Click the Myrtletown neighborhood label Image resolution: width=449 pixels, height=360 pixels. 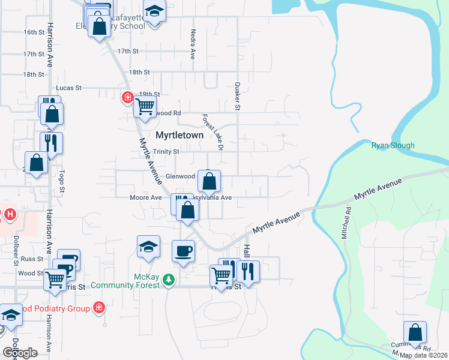pos(179,136)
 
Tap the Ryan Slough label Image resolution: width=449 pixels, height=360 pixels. pos(393,145)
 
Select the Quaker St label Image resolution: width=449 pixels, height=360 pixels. pos(237,97)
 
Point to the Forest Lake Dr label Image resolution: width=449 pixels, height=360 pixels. pos(212,132)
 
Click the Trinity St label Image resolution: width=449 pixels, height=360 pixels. pos(166,152)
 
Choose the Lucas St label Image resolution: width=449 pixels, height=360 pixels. pos(69,88)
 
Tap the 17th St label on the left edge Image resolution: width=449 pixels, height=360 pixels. pos(34,54)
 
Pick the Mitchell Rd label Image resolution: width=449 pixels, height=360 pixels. pos(346,224)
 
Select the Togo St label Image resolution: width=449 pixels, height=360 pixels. pos(61,181)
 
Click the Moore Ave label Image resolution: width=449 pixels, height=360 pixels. pos(146,197)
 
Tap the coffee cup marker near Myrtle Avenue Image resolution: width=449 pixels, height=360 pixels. pos(183,251)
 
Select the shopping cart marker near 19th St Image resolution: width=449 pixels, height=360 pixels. pos(145,106)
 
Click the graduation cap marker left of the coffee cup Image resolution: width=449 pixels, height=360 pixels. pos(148,246)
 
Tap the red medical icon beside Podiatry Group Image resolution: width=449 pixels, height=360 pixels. pos(98,308)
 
